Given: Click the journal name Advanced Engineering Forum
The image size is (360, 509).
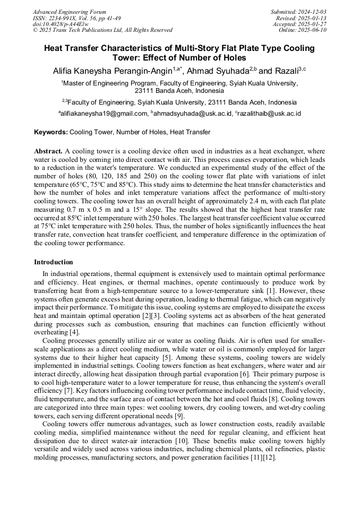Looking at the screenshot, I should [x=69, y=12].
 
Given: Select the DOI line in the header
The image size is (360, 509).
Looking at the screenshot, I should [x=61, y=24].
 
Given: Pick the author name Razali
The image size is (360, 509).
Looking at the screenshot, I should [x=287, y=71].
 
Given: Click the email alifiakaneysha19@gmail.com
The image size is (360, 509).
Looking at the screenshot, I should [x=104, y=114].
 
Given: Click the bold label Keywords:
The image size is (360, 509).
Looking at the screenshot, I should [x=51, y=132].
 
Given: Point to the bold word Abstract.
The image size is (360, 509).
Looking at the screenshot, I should [x=48, y=151].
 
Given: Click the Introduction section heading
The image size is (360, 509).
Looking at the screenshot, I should [x=54, y=262].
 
